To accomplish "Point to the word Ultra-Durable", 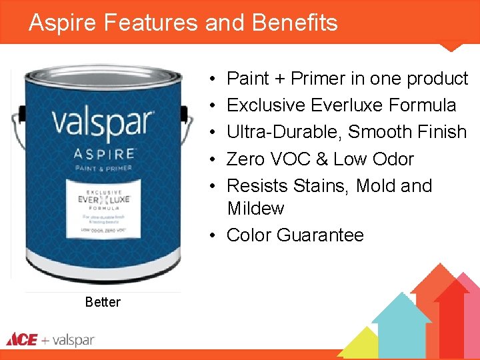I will click(x=285, y=132).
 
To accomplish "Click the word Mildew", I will click(x=255, y=208).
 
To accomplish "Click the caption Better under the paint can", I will click(x=103, y=302).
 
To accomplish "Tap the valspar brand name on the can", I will click(x=103, y=124).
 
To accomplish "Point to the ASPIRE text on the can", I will click(x=103, y=154).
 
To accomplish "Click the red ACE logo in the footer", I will click(x=21, y=340).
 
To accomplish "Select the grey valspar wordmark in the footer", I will click(x=73, y=340).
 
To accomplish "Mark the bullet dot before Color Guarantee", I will click(x=210, y=235).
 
